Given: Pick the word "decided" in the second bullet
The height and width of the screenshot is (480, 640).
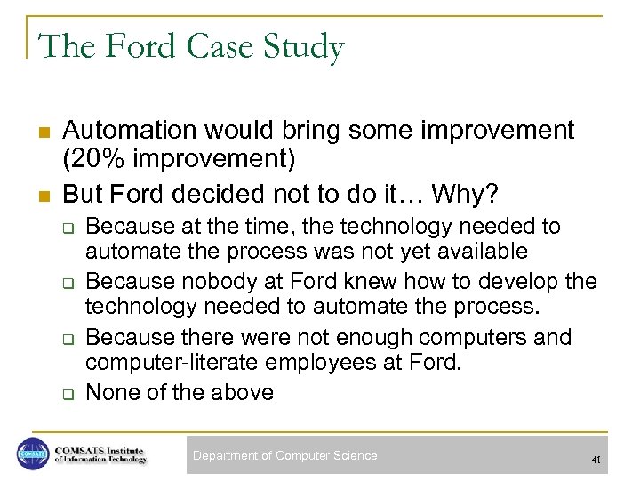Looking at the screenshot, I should (x=224, y=194).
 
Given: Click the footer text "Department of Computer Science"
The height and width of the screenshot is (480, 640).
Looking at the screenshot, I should (x=285, y=456).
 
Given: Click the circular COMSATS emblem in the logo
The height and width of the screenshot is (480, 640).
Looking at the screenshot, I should (x=33, y=454).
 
